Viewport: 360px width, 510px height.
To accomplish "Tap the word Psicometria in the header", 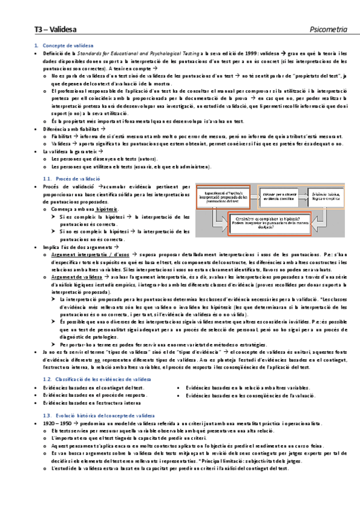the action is pyautogui.click(x=328, y=28).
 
